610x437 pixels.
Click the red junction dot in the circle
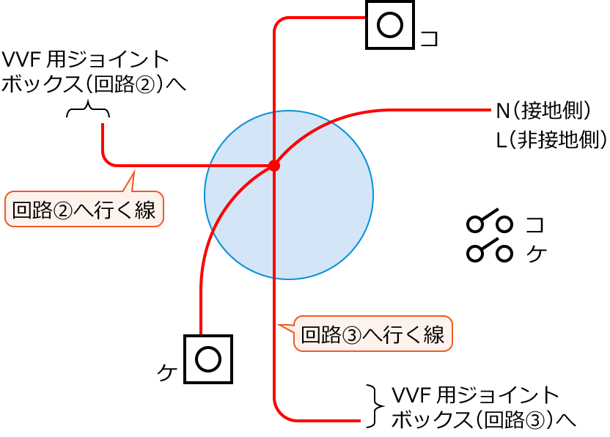(x=274, y=166)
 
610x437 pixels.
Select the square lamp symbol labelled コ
(x=389, y=25)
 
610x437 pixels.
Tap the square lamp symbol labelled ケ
(x=207, y=359)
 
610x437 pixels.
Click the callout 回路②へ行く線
(x=84, y=210)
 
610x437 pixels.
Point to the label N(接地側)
(x=543, y=111)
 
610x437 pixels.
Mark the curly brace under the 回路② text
(x=88, y=111)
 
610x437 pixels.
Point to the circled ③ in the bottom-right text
(x=533, y=419)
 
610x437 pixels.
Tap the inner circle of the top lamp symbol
(x=389, y=25)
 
